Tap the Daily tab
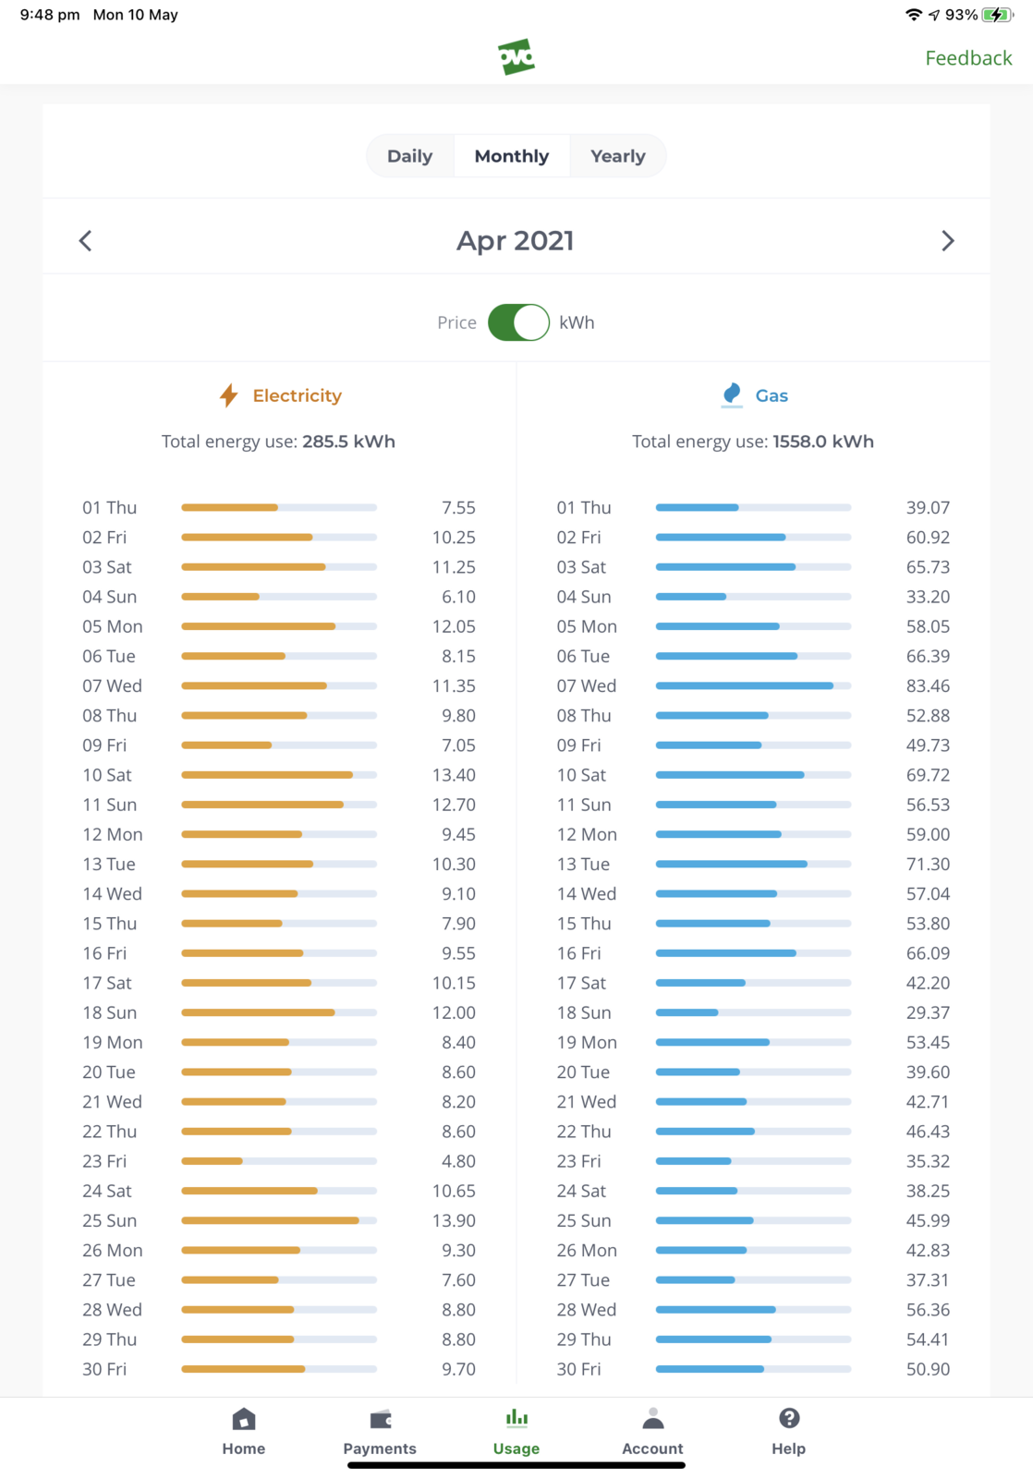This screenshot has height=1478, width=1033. (x=409, y=156)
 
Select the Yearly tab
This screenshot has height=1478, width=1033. (x=617, y=156)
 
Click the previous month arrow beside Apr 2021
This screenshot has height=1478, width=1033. (x=86, y=241)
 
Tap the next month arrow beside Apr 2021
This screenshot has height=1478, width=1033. (x=947, y=241)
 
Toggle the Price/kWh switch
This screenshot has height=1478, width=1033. (x=518, y=322)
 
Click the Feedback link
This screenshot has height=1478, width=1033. (x=968, y=58)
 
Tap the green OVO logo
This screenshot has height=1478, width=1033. (x=516, y=57)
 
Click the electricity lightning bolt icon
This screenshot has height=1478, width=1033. (x=229, y=395)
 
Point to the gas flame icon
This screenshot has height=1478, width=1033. (x=732, y=394)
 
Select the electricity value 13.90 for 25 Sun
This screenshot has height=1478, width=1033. (x=454, y=1220)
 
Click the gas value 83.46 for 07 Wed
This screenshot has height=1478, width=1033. (x=928, y=685)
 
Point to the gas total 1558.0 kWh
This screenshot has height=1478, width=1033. (x=822, y=442)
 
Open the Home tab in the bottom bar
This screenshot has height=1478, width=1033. (x=244, y=1431)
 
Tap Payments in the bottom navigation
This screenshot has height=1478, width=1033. (x=380, y=1431)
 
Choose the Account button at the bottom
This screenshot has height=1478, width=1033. (x=652, y=1431)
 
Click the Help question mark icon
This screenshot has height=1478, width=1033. (x=789, y=1419)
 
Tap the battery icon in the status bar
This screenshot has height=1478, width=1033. (x=997, y=15)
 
